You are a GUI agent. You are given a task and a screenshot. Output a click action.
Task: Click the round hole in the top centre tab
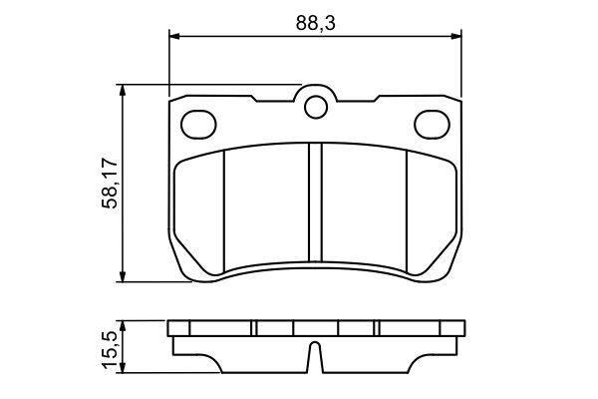tap(316, 105)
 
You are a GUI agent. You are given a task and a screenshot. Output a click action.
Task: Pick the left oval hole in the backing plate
tap(198, 124)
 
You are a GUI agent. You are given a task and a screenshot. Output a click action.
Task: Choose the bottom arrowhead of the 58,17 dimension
tap(124, 276)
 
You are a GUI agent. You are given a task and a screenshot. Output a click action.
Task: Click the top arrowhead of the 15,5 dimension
tap(124, 324)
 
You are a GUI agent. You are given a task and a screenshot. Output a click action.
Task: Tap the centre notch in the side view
tap(316, 356)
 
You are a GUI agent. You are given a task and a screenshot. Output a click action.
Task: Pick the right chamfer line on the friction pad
tap(409, 209)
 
